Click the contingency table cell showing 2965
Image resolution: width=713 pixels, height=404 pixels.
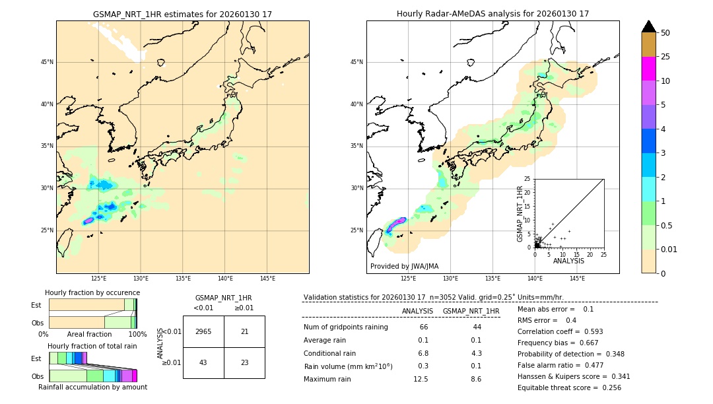coord(203,331)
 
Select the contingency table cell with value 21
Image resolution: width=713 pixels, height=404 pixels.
coord(244,331)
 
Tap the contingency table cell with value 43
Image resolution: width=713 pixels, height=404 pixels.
coord(203,363)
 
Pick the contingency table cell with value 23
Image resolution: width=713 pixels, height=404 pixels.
coord(244,363)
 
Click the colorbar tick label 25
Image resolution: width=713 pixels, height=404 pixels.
coord(665,57)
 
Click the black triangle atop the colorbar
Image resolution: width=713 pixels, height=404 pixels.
coord(648,26)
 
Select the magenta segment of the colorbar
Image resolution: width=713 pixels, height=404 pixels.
coord(648,69)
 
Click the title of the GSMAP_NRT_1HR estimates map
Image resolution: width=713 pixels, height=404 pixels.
coord(182,14)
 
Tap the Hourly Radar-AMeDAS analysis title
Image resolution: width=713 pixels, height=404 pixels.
coord(492,14)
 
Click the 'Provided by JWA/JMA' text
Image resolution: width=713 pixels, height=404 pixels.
coord(404,266)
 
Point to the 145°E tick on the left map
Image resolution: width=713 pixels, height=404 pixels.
coord(267,279)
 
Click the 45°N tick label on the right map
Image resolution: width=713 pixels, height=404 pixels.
coord(356,62)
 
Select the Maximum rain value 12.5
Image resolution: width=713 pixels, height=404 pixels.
coord(421,379)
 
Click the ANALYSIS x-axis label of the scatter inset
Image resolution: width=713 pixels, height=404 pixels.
coord(568,261)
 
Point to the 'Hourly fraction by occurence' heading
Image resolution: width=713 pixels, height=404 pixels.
coord(92,292)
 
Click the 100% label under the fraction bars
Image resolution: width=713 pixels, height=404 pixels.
coord(137,334)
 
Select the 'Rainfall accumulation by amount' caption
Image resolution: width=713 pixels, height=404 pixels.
coord(92,387)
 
